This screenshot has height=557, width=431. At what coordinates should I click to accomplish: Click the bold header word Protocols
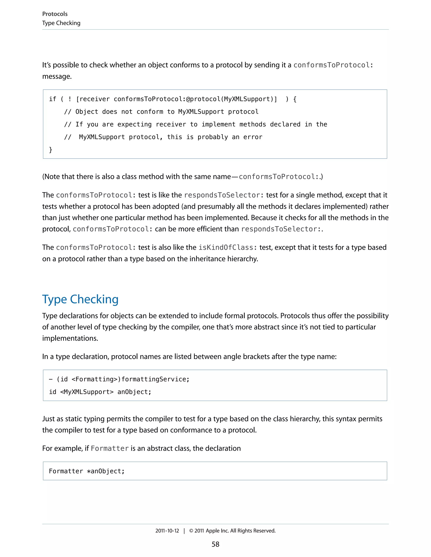pos(55,14)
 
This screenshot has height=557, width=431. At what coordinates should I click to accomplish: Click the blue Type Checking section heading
pos(80,299)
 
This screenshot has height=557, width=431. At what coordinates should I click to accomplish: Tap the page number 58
pos(215,544)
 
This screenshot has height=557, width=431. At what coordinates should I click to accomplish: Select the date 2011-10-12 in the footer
pos(167,531)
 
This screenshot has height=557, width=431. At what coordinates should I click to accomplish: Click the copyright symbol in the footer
pos(191,531)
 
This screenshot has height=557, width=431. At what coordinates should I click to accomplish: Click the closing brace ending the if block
pos(51,150)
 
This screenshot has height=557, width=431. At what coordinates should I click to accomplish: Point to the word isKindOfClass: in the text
pos(226,247)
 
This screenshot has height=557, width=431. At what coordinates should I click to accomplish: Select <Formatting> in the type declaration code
pos(94,379)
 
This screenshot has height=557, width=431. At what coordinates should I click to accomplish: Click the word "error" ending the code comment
pos(253,137)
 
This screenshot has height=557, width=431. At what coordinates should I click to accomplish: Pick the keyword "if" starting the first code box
pos(53,99)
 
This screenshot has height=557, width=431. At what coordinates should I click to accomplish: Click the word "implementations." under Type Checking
pos(70,338)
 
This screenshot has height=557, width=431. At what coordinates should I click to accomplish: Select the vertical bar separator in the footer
pos(184,531)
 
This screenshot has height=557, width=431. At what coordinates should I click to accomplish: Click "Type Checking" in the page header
pos(61,23)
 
